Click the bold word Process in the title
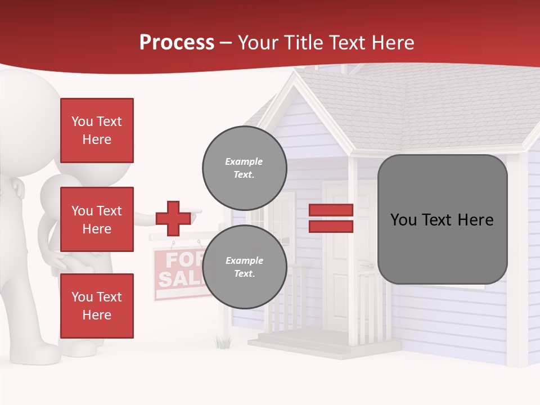(177, 43)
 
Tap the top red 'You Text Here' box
(97, 130)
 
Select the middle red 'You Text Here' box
(97, 219)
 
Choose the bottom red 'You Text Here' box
(97, 306)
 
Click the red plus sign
(173, 218)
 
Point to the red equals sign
(331, 218)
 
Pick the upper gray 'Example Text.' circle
(244, 168)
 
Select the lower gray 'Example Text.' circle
(244, 267)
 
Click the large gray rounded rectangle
(442, 219)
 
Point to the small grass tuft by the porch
(223, 341)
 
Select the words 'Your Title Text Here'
(326, 43)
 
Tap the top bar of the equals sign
(331, 210)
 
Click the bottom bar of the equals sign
(331, 226)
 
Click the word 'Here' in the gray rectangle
(475, 219)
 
